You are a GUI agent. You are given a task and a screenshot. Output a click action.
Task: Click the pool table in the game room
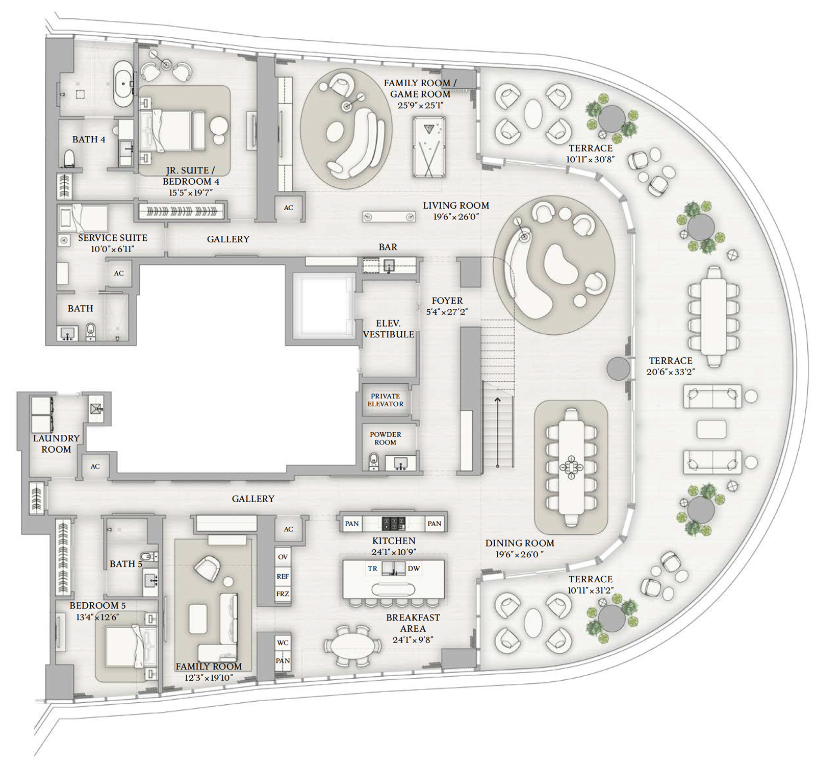click(x=428, y=147)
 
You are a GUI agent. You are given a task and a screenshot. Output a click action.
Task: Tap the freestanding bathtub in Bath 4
click(x=123, y=84)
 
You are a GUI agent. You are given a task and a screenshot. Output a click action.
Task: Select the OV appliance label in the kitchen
click(x=283, y=557)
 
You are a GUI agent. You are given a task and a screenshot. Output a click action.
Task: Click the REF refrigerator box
click(x=283, y=576)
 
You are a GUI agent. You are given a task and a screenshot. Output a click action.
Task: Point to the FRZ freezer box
click(x=283, y=594)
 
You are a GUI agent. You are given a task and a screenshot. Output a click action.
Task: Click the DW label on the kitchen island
click(x=414, y=568)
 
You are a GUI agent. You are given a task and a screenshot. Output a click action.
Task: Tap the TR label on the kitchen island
click(x=373, y=568)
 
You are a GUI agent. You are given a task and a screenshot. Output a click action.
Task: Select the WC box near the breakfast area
click(x=283, y=643)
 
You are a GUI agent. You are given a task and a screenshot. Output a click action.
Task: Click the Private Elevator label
click(x=386, y=400)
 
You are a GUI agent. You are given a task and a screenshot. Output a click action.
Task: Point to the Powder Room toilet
click(x=374, y=461)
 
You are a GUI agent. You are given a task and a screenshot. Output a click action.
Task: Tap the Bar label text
click(x=388, y=247)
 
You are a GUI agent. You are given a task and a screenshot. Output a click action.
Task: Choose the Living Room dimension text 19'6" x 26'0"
click(x=456, y=217)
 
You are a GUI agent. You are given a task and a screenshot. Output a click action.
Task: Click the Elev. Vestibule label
click(x=389, y=329)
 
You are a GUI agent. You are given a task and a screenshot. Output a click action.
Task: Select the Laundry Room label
click(x=56, y=443)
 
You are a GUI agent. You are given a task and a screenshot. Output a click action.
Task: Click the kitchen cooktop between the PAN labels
click(x=394, y=523)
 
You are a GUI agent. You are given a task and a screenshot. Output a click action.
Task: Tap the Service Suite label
click(x=113, y=238)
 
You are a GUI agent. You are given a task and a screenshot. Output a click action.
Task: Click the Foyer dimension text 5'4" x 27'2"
click(x=447, y=312)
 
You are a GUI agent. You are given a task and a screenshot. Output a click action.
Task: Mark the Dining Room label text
click(x=520, y=543)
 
